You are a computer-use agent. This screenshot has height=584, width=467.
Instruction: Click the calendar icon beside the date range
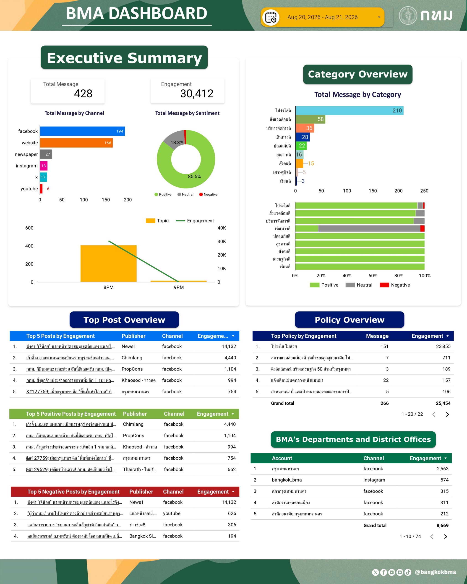(271, 17)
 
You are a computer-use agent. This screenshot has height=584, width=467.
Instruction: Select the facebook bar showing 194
(82, 131)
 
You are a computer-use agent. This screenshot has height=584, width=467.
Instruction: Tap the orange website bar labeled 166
(76, 143)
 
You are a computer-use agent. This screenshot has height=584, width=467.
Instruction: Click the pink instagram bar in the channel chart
(44, 166)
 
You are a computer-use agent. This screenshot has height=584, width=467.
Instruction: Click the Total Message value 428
(83, 94)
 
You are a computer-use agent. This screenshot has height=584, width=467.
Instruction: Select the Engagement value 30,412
(197, 94)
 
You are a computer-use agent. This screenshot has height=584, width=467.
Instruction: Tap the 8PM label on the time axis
(108, 287)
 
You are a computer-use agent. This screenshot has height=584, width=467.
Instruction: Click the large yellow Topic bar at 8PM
(108, 263)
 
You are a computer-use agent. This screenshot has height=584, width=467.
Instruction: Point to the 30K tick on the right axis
(222, 241)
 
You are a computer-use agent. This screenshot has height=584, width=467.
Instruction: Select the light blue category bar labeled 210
(350, 110)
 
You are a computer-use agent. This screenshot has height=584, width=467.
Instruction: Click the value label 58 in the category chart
(321, 119)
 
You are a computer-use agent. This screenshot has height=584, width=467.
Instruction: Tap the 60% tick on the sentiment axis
(373, 276)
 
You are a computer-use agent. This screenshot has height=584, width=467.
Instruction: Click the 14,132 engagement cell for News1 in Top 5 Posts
(229, 346)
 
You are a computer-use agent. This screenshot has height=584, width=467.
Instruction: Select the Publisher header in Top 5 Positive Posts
(135, 414)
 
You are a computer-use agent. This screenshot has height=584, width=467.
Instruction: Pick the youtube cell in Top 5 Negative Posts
(172, 513)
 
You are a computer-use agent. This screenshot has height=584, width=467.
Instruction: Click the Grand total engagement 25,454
(443, 403)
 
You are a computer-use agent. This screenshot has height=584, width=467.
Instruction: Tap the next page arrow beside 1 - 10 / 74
(446, 536)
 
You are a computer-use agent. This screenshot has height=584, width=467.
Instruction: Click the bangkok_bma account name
(287, 480)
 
